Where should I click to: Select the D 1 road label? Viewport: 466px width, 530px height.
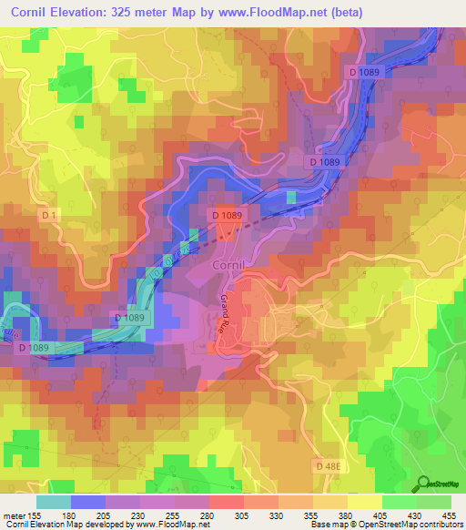(x=51, y=215)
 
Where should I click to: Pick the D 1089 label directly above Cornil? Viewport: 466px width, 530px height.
(x=227, y=215)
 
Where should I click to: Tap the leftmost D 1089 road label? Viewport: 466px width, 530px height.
(x=35, y=347)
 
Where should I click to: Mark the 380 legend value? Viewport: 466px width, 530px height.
(x=346, y=515)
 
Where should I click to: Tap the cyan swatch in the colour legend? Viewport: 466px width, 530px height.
(x=54, y=502)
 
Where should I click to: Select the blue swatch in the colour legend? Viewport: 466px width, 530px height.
(x=88, y=502)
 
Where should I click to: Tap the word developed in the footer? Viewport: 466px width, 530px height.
(x=111, y=525)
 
